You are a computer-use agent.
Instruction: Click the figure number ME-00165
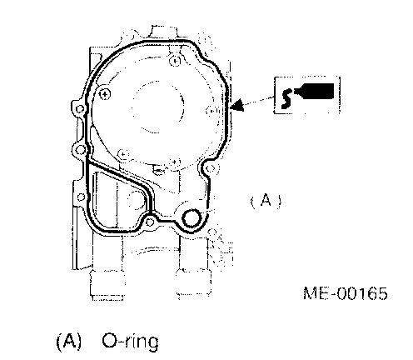click(x=345, y=293)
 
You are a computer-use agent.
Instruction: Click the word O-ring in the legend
click(x=130, y=342)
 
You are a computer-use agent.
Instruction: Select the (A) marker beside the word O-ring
click(x=69, y=341)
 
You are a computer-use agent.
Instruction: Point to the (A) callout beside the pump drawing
click(x=266, y=201)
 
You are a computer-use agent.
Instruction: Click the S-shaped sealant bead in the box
click(x=286, y=98)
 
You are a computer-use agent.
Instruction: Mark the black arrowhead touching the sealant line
click(x=237, y=106)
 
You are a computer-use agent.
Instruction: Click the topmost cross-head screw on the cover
click(x=175, y=61)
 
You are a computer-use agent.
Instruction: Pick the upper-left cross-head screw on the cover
click(x=105, y=94)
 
